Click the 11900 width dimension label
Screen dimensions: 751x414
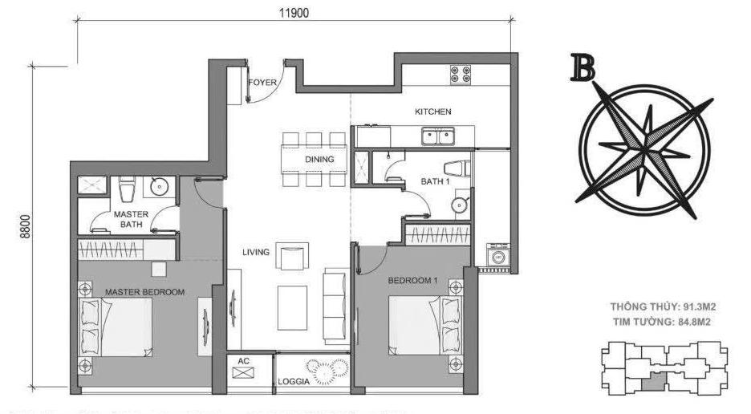click(x=294, y=13)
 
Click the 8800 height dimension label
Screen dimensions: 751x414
click(x=26, y=226)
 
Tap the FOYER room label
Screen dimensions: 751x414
click(x=262, y=83)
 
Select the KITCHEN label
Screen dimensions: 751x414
click(x=433, y=112)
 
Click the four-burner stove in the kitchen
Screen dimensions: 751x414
click(x=461, y=75)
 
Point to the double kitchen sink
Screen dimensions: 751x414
click(x=438, y=136)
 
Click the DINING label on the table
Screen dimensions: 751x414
click(x=319, y=159)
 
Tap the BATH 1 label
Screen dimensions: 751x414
click(x=435, y=181)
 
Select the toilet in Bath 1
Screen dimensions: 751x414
click(x=457, y=168)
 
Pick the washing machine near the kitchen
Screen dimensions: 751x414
click(x=497, y=255)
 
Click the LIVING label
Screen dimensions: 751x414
click(x=256, y=252)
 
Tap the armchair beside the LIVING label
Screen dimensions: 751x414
click(x=292, y=257)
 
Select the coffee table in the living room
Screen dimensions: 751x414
click(x=292, y=307)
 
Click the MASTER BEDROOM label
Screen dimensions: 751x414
click(x=144, y=292)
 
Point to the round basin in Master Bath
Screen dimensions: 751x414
click(x=159, y=186)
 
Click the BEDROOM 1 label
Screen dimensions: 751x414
click(x=412, y=280)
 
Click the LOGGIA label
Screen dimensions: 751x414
click(x=294, y=381)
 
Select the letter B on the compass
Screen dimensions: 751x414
click(x=583, y=67)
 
